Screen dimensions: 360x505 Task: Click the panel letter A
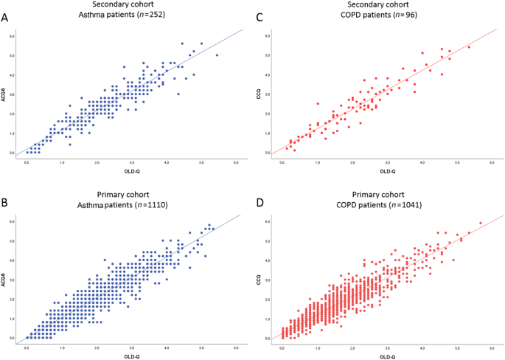click(6, 17)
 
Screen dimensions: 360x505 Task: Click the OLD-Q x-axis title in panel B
click(130, 356)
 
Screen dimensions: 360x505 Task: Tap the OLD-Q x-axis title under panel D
click(387, 356)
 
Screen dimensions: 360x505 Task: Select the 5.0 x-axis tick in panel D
click(457, 347)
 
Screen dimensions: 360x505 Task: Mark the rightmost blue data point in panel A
click(217, 55)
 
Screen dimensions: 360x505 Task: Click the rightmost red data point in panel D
click(481, 223)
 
